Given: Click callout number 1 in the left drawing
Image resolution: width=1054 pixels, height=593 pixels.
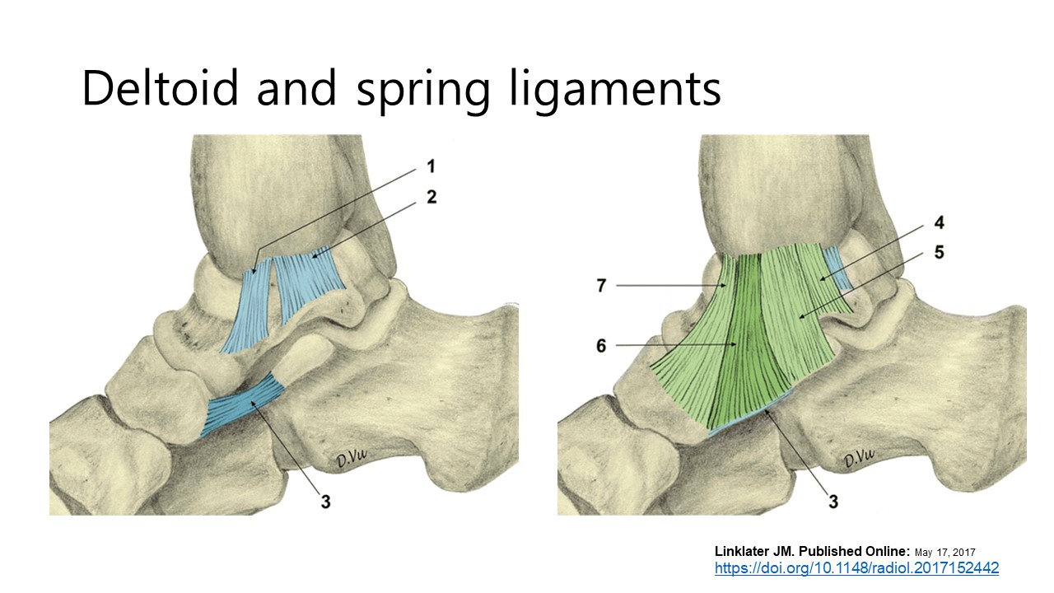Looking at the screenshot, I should (431, 167).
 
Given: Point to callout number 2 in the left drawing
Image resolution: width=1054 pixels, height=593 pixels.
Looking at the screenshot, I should (431, 198).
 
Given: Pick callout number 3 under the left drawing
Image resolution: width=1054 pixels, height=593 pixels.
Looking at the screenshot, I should (325, 500).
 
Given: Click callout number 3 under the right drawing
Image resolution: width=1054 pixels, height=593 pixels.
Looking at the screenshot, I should (832, 500).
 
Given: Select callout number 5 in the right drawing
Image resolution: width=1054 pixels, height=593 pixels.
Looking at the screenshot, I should (938, 252).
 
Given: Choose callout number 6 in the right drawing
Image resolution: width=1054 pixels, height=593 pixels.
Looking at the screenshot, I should (601, 346).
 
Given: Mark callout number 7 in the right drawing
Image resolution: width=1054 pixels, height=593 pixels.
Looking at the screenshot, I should (601, 286).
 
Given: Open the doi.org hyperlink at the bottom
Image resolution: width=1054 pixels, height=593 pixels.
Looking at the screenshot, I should (856, 568).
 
